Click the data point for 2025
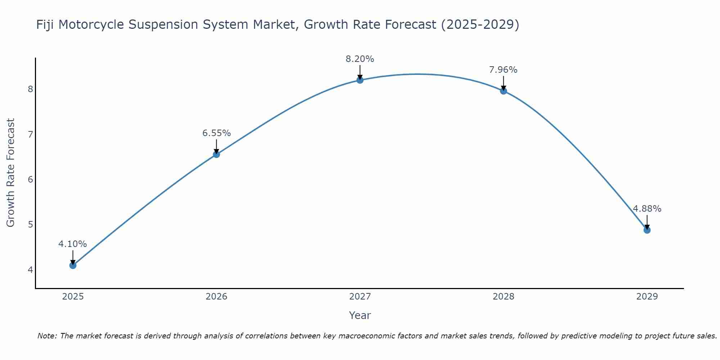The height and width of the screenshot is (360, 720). (x=73, y=265)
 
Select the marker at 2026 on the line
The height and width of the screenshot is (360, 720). (x=216, y=154)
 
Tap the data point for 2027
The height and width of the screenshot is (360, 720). (x=360, y=80)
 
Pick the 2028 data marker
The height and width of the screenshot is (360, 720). (x=503, y=91)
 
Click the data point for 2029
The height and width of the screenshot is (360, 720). (x=647, y=230)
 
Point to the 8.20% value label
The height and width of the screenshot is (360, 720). (x=360, y=59)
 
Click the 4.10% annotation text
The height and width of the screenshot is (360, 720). (x=73, y=244)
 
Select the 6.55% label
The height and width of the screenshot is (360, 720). (x=216, y=133)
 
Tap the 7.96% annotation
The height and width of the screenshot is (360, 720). (x=503, y=70)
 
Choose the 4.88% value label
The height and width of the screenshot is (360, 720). (x=647, y=209)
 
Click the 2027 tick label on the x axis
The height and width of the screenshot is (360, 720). (x=360, y=297)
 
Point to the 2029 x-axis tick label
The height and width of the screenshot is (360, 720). (x=647, y=297)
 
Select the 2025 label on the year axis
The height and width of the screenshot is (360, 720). (x=73, y=297)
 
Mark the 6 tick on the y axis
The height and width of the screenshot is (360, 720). (x=30, y=179)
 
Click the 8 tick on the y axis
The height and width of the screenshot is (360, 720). (x=30, y=89)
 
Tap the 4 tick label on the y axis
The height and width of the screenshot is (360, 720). (x=30, y=270)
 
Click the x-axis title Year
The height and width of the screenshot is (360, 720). (x=360, y=315)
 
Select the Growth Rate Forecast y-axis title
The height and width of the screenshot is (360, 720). (x=11, y=173)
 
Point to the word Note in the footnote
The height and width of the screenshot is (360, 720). (x=47, y=336)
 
